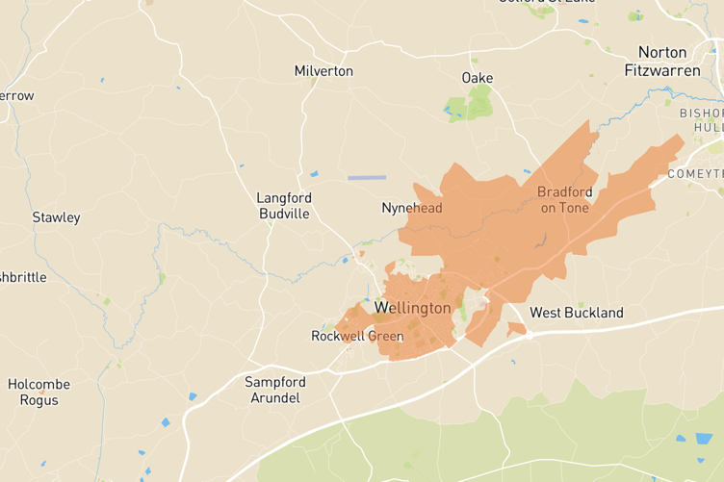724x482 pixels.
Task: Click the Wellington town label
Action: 412,308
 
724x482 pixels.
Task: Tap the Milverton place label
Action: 323,71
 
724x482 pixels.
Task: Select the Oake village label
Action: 478,77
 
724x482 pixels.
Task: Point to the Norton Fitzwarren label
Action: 656,61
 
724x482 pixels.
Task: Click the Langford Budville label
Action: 283,206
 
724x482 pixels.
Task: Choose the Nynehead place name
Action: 412,208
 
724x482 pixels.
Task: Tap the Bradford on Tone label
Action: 564,199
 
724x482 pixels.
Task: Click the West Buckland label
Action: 577,313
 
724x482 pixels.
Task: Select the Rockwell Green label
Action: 357,336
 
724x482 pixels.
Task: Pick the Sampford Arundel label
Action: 275,390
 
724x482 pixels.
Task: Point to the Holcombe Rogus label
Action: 39,392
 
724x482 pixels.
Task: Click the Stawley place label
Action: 56,217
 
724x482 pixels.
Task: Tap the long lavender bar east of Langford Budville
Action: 366,178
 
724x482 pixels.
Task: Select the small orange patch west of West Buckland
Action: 517,329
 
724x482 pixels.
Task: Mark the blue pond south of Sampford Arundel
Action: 193,396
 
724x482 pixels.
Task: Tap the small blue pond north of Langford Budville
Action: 314,174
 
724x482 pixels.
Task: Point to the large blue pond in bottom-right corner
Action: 704,439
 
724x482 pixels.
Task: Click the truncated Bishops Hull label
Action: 701,119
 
